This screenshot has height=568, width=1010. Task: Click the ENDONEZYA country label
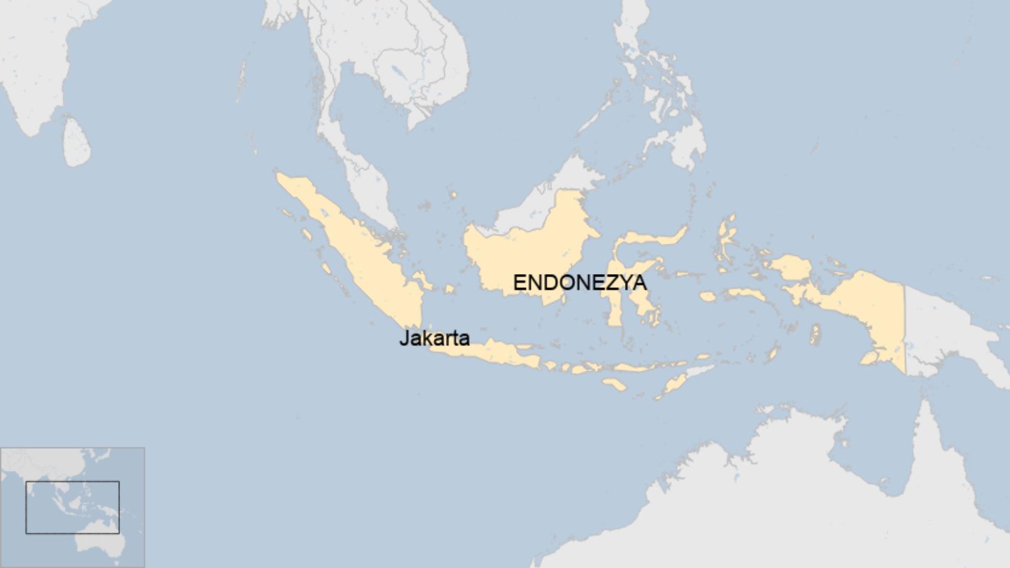click(579, 283)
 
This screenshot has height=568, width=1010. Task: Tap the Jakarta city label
click(434, 338)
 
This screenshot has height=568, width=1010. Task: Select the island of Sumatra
click(359, 247)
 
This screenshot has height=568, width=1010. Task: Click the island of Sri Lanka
click(77, 144)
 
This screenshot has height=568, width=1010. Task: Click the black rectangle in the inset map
click(72, 507)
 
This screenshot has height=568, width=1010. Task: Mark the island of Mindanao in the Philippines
click(681, 142)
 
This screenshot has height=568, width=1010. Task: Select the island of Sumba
click(614, 384)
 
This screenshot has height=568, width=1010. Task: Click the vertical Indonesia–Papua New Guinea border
click(905, 328)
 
